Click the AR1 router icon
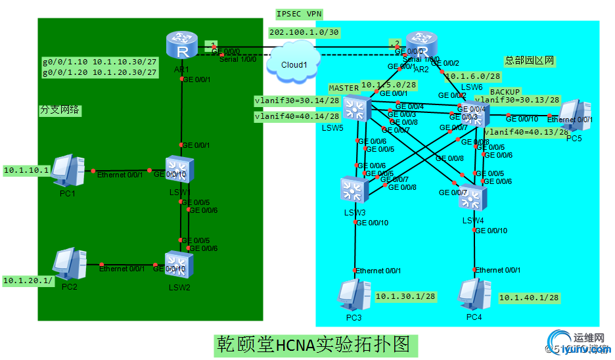coord(181,46)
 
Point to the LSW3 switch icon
coord(354,191)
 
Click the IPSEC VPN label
coord(300,14)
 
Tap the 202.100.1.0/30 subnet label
coord(304,32)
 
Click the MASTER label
coord(344,88)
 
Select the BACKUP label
coord(505,91)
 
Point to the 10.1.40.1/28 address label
coord(529,298)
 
